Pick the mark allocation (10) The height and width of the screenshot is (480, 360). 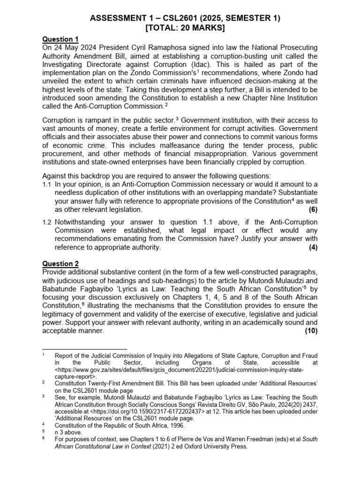tap(310, 331)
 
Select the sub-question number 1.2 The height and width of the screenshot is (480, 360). tap(47, 222)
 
